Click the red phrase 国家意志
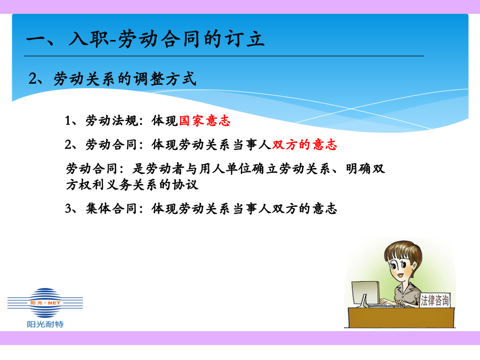tap(204, 121)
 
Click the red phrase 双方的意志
tap(305, 145)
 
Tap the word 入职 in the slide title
tap(89, 39)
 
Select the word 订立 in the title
tap(244, 39)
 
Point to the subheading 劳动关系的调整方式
tap(125, 79)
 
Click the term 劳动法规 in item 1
tap(111, 121)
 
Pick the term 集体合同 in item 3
tap(111, 209)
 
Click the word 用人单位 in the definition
tap(226, 169)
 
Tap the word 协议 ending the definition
tap(185, 185)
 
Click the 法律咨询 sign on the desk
tap(435, 300)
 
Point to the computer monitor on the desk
tap(365, 294)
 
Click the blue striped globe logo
tap(45, 303)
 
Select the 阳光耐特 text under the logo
tap(45, 324)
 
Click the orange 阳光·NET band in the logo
tap(45, 303)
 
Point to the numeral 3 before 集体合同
tap(68, 209)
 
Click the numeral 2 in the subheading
tap(32, 79)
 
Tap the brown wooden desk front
tap(401, 318)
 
